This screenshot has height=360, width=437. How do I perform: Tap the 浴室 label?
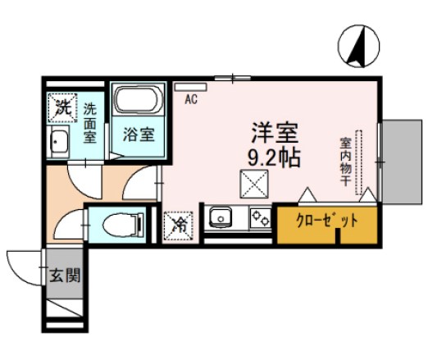point(139,134)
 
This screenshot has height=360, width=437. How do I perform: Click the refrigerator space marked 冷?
point(179,224)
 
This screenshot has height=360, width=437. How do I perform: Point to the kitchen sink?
point(220,218)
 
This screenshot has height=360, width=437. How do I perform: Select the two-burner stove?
point(260,218)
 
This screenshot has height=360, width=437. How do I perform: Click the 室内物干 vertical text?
point(345,164)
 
